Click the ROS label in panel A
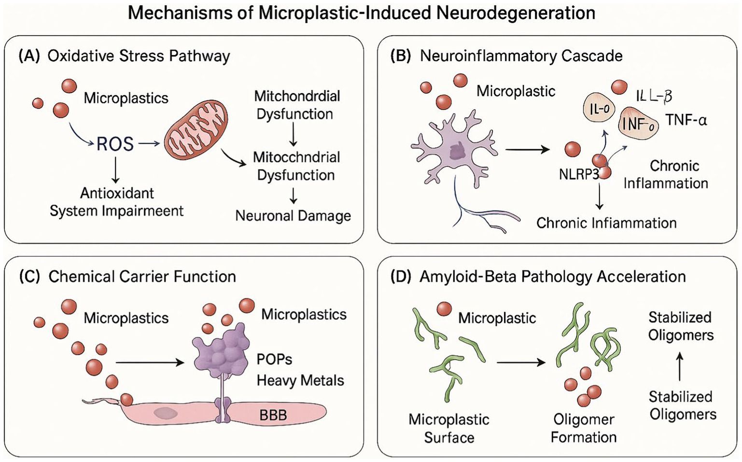click(x=115, y=144)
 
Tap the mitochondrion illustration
click(x=196, y=130)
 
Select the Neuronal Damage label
click(x=293, y=216)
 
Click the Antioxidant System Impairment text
click(x=117, y=202)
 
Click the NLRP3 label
click(x=579, y=174)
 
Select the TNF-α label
click(x=686, y=120)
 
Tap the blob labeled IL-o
click(x=599, y=109)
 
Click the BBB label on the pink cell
click(x=273, y=415)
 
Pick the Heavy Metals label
click(x=300, y=380)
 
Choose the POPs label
click(x=274, y=359)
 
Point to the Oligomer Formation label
click(x=584, y=428)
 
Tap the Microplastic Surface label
click(x=449, y=428)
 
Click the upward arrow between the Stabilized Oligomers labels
click(x=680, y=366)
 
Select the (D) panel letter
click(x=400, y=277)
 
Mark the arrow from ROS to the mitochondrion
click(x=149, y=143)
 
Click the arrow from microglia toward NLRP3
click(x=527, y=150)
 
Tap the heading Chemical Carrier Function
click(x=142, y=277)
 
